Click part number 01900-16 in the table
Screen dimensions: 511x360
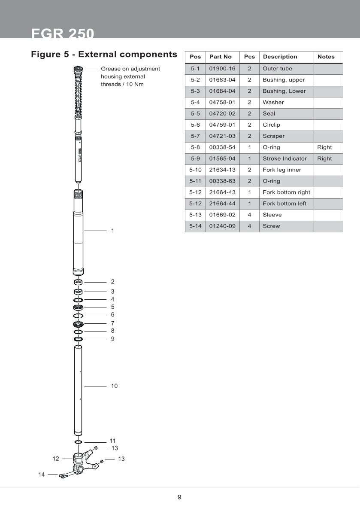tap(222, 69)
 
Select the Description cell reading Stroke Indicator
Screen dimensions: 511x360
tap(284, 158)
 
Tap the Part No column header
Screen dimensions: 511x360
tap(221, 57)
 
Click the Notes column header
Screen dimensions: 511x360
tap(326, 57)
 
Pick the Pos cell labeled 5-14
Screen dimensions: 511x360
tap(195, 226)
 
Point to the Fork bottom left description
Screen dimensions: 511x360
tap(284, 204)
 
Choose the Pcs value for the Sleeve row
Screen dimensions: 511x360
tap(249, 215)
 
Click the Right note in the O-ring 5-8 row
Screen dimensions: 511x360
tap(324, 147)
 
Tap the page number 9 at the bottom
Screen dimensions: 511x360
tap(179, 497)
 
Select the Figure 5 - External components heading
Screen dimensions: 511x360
tap(104, 55)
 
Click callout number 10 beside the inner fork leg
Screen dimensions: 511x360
tap(114, 386)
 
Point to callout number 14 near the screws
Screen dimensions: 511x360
tap(42, 474)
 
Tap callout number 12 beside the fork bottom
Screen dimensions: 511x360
tap(56, 459)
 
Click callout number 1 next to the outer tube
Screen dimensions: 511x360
tap(112, 231)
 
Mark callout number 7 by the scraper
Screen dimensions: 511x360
tap(112, 323)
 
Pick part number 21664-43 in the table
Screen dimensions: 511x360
tap(222, 192)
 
